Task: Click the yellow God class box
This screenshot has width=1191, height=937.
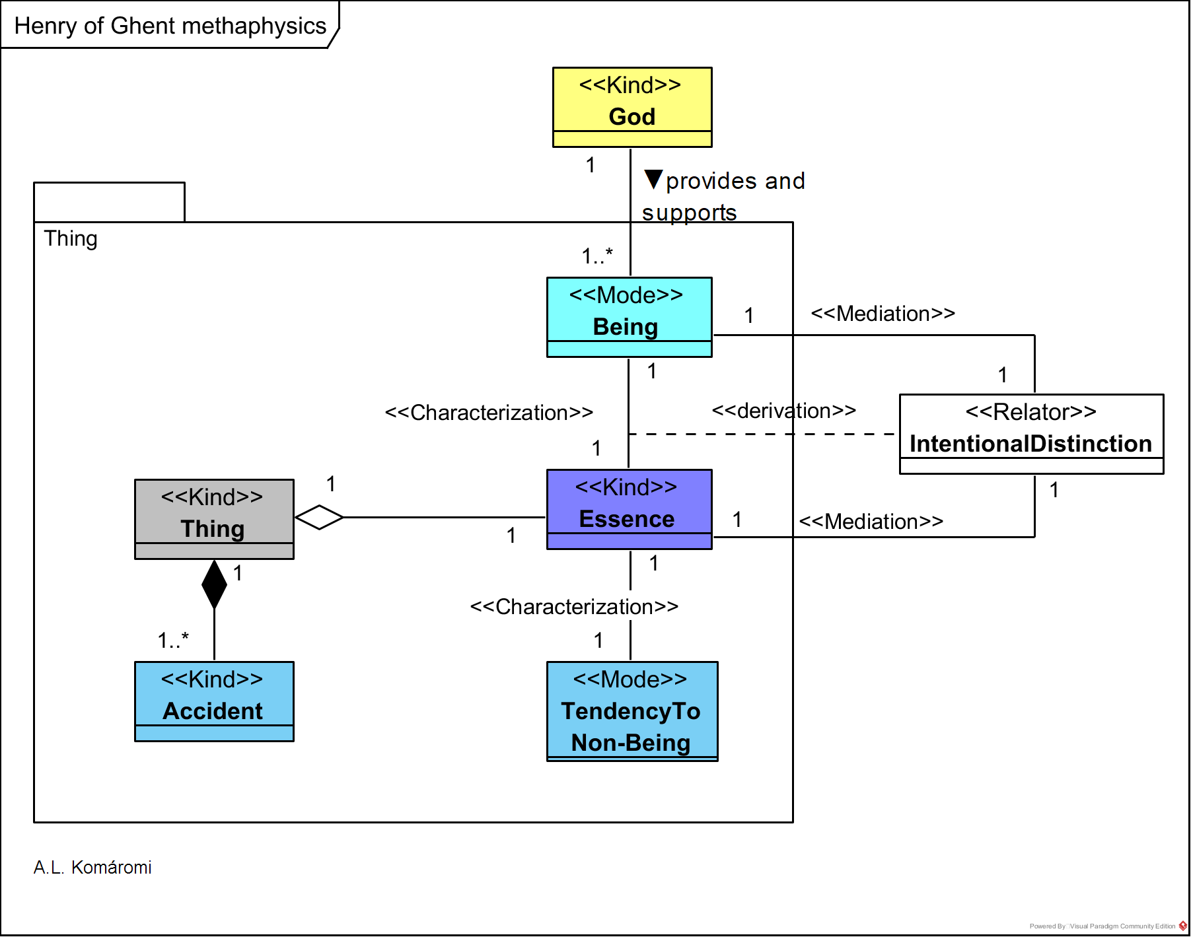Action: (632, 107)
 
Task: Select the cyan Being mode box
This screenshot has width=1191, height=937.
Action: (629, 317)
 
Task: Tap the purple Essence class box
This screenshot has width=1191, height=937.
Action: (629, 509)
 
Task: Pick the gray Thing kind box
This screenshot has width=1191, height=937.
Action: (214, 519)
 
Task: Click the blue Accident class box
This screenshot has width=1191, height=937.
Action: (214, 701)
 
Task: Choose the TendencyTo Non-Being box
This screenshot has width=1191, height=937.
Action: (632, 711)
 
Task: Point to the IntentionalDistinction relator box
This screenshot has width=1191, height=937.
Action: (1031, 434)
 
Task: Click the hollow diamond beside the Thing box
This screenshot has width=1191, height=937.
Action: (319, 517)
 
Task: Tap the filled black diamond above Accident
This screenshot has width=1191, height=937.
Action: (214, 584)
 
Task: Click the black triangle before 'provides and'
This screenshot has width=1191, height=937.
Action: (653, 179)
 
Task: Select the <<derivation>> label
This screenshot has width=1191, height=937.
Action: (783, 411)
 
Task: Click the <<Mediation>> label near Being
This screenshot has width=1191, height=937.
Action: (883, 314)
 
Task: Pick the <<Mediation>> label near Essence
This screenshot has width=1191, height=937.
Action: (871, 522)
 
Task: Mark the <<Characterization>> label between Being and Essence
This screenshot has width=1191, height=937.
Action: (489, 413)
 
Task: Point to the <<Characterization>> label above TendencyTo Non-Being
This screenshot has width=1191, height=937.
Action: (574, 607)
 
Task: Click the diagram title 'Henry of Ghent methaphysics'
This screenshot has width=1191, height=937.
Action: (170, 26)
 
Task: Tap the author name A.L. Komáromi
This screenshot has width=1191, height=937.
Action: (92, 868)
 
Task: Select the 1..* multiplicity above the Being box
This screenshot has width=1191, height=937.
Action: (597, 256)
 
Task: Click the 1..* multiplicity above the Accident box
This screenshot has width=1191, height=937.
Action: (173, 640)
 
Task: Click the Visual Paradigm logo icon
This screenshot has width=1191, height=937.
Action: (1183, 926)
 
